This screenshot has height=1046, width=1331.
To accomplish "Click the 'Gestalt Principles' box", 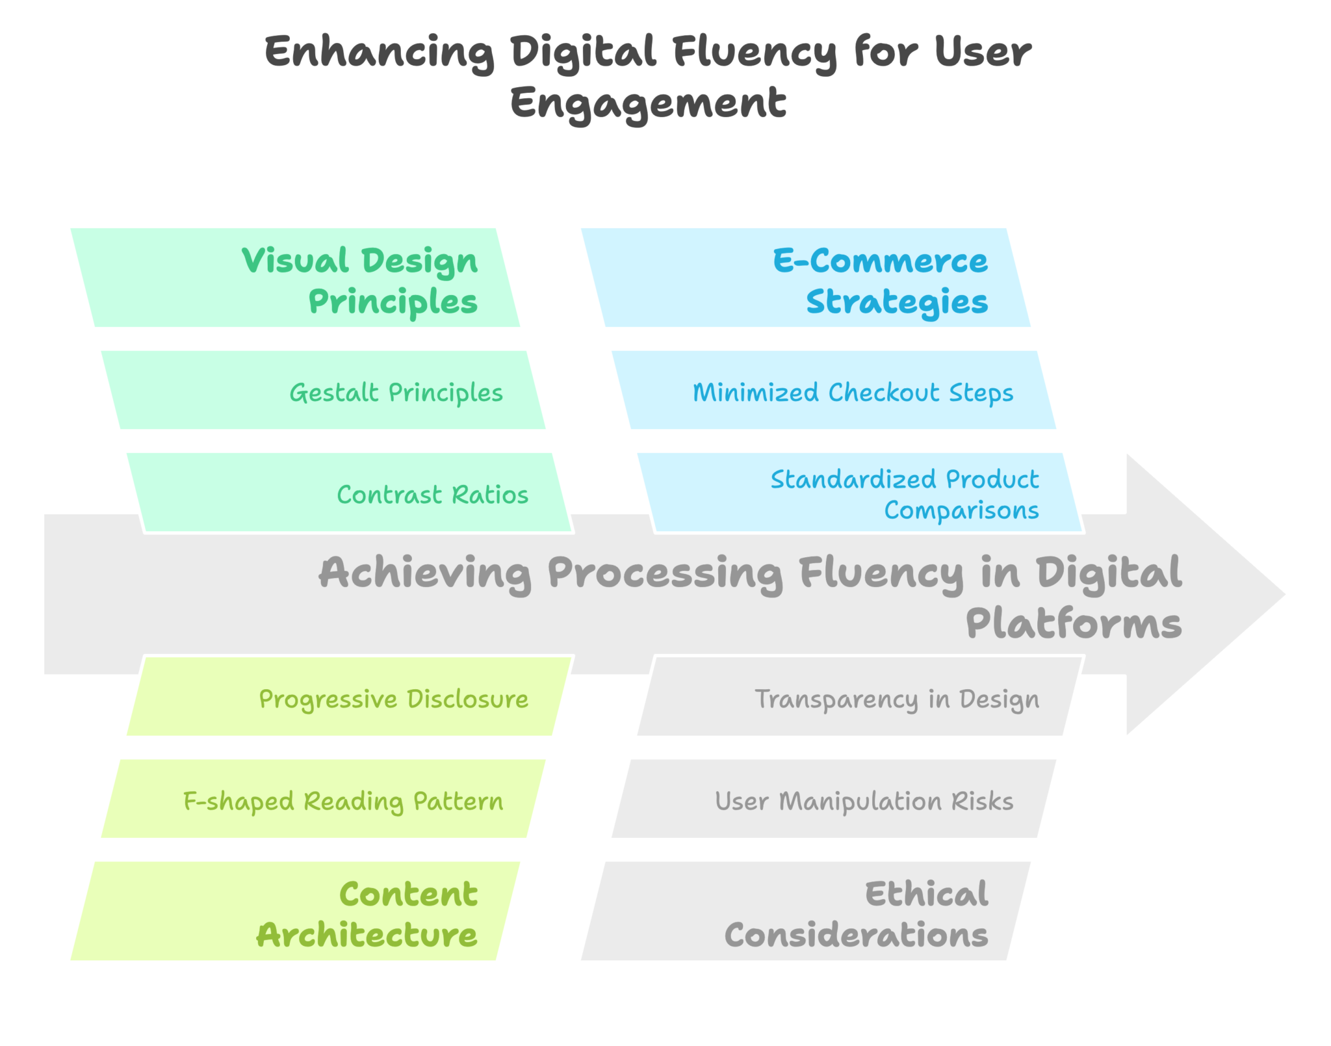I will point(323,390).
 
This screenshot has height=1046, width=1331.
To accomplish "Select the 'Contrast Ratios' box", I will point(349,493).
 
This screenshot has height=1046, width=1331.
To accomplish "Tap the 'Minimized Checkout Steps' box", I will point(834,390).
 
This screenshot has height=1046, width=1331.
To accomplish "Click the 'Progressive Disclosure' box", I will point(349,697).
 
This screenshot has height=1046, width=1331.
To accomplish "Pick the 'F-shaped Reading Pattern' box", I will point(323,799).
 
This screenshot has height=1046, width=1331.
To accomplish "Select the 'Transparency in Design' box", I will point(859,697).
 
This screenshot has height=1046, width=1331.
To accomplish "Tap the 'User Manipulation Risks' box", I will point(834,799).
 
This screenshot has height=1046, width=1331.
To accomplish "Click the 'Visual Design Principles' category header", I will point(295,278).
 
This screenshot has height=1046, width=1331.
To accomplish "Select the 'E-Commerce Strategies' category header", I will point(806,278).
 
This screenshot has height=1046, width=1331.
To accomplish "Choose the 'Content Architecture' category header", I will point(295,911).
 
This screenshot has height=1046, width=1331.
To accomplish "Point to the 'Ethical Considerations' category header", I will point(806,911).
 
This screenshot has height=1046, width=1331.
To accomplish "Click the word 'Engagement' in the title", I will point(648,103).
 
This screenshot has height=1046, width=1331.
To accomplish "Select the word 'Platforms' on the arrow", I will point(1074,624).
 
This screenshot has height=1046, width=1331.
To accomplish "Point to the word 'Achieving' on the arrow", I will point(425,573).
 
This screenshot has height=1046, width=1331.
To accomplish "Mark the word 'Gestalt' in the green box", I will point(334,393).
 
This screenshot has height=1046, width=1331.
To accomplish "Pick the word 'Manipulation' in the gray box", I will point(860,802).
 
